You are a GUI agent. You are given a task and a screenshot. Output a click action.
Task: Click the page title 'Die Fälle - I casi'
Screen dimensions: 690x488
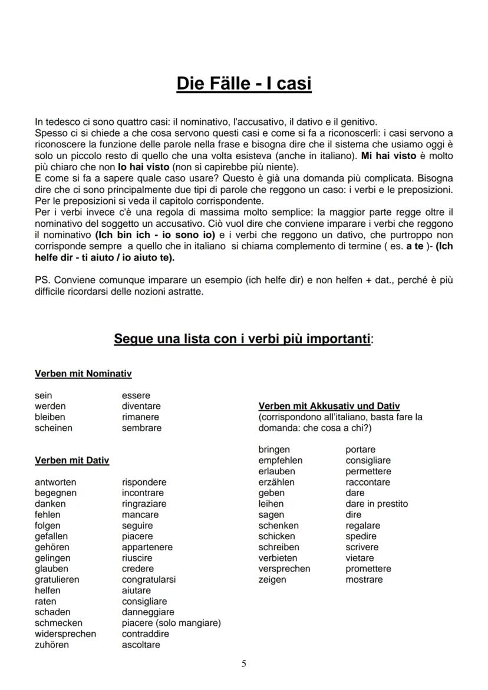[244, 84]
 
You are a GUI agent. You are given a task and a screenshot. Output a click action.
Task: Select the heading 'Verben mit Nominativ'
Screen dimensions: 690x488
[83, 374]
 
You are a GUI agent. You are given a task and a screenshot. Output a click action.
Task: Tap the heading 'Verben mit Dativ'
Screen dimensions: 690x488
[72, 460]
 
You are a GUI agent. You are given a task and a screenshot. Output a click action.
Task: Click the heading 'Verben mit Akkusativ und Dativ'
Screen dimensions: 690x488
[329, 406]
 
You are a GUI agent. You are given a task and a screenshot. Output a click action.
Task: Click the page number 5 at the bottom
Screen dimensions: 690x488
[244, 663]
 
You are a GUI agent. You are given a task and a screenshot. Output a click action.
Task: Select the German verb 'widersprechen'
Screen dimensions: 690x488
[65, 634]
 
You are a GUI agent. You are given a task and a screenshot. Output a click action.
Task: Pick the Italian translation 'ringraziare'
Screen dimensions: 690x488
[144, 504]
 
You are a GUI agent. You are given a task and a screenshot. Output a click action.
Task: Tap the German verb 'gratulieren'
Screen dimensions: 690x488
[57, 580]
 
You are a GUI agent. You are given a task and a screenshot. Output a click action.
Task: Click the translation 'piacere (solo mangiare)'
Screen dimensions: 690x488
[171, 623]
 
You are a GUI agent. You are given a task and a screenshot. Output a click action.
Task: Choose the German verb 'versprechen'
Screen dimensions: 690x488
[284, 569]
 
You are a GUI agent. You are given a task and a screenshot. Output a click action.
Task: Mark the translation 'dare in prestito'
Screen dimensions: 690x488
[376, 504]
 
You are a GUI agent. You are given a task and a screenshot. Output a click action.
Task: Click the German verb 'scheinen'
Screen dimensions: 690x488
[54, 428]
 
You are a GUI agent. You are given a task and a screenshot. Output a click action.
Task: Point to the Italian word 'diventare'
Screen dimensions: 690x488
[141, 406]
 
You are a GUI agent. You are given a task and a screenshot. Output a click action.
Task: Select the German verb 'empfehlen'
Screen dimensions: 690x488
[280, 460]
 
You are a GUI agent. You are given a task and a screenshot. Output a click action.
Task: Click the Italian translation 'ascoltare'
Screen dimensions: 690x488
[141, 645]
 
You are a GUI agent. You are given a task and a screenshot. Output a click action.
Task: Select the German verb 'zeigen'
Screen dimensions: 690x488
[272, 580]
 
